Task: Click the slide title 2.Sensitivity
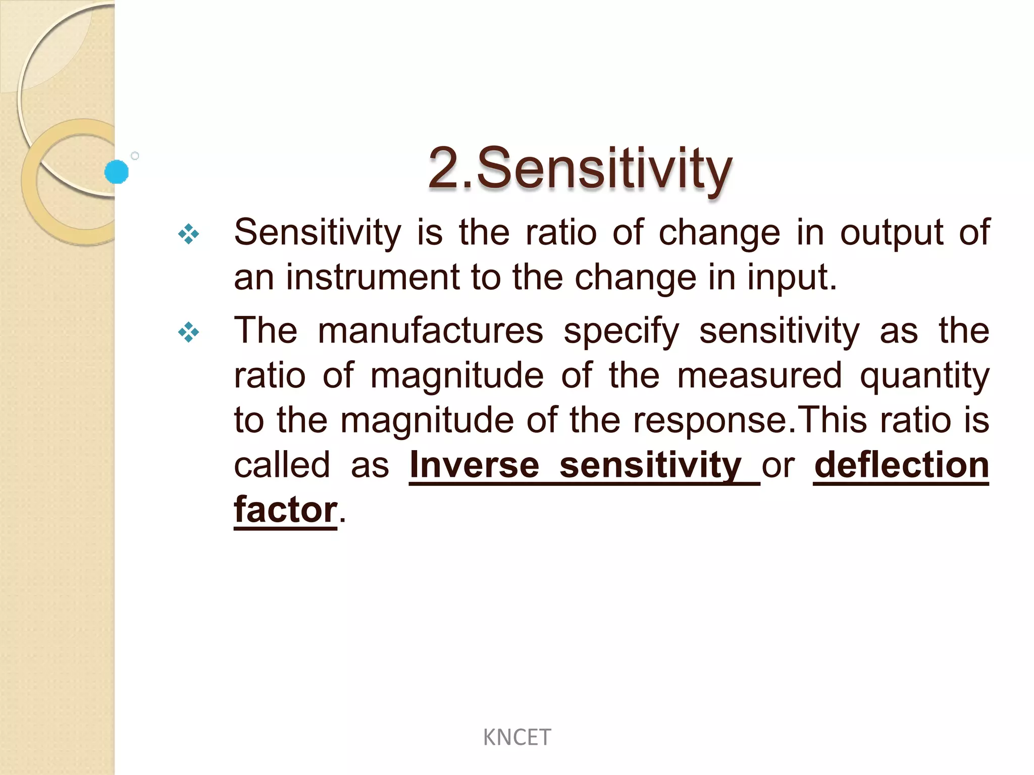click(580, 169)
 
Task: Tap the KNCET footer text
click(516, 738)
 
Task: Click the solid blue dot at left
click(117, 172)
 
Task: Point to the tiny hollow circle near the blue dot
click(135, 156)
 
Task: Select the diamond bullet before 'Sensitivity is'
click(189, 234)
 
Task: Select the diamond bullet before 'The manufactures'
click(189, 332)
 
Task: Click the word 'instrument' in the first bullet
click(373, 278)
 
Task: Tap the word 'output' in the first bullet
click(891, 233)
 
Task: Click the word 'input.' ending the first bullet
click(792, 278)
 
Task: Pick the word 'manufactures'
click(430, 331)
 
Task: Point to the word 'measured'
click(759, 376)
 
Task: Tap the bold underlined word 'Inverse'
click(474, 465)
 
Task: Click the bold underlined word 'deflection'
click(901, 465)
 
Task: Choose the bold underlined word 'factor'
click(285, 510)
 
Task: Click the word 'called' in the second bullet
click(282, 465)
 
